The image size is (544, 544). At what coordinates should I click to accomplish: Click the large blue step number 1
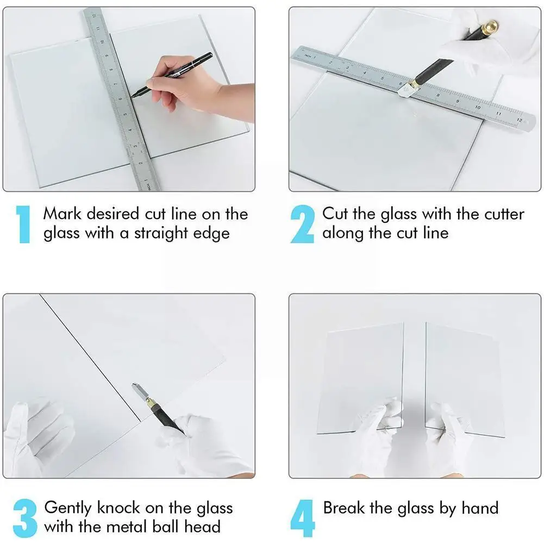(23, 224)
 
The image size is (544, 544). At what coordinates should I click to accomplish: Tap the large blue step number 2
(302, 224)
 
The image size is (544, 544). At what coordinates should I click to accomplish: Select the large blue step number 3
(25, 518)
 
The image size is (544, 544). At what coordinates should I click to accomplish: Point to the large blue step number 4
(303, 518)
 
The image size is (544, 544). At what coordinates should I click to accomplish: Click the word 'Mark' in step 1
(62, 214)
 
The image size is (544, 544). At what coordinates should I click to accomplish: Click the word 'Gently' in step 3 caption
(67, 508)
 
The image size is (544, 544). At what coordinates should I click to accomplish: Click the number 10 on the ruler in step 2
(478, 107)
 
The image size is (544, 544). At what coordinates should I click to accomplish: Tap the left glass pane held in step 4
(361, 378)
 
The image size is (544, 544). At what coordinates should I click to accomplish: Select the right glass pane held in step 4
(465, 380)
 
